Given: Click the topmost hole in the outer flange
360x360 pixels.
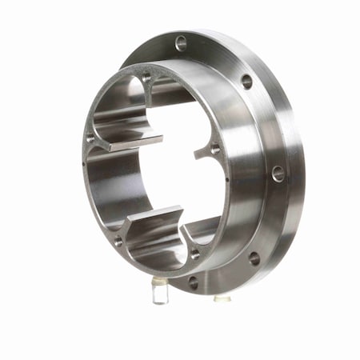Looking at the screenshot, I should (x=181, y=43).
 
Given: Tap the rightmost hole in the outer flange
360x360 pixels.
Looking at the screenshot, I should (x=278, y=172).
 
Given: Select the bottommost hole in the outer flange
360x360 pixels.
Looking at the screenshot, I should (x=193, y=282).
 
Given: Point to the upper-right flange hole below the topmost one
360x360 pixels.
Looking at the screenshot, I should (x=246, y=81).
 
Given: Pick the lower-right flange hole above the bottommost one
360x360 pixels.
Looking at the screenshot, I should (x=254, y=258).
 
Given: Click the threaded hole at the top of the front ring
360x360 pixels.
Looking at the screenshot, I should (x=146, y=78).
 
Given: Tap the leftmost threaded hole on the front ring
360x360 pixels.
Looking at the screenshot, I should (x=90, y=138).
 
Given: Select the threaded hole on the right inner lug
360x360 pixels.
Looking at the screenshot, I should (x=214, y=148).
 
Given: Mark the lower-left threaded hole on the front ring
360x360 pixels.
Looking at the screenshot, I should (x=117, y=240).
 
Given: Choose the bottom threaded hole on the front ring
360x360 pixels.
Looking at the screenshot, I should (x=194, y=254).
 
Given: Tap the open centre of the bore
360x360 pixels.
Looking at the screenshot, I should (x=172, y=172).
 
